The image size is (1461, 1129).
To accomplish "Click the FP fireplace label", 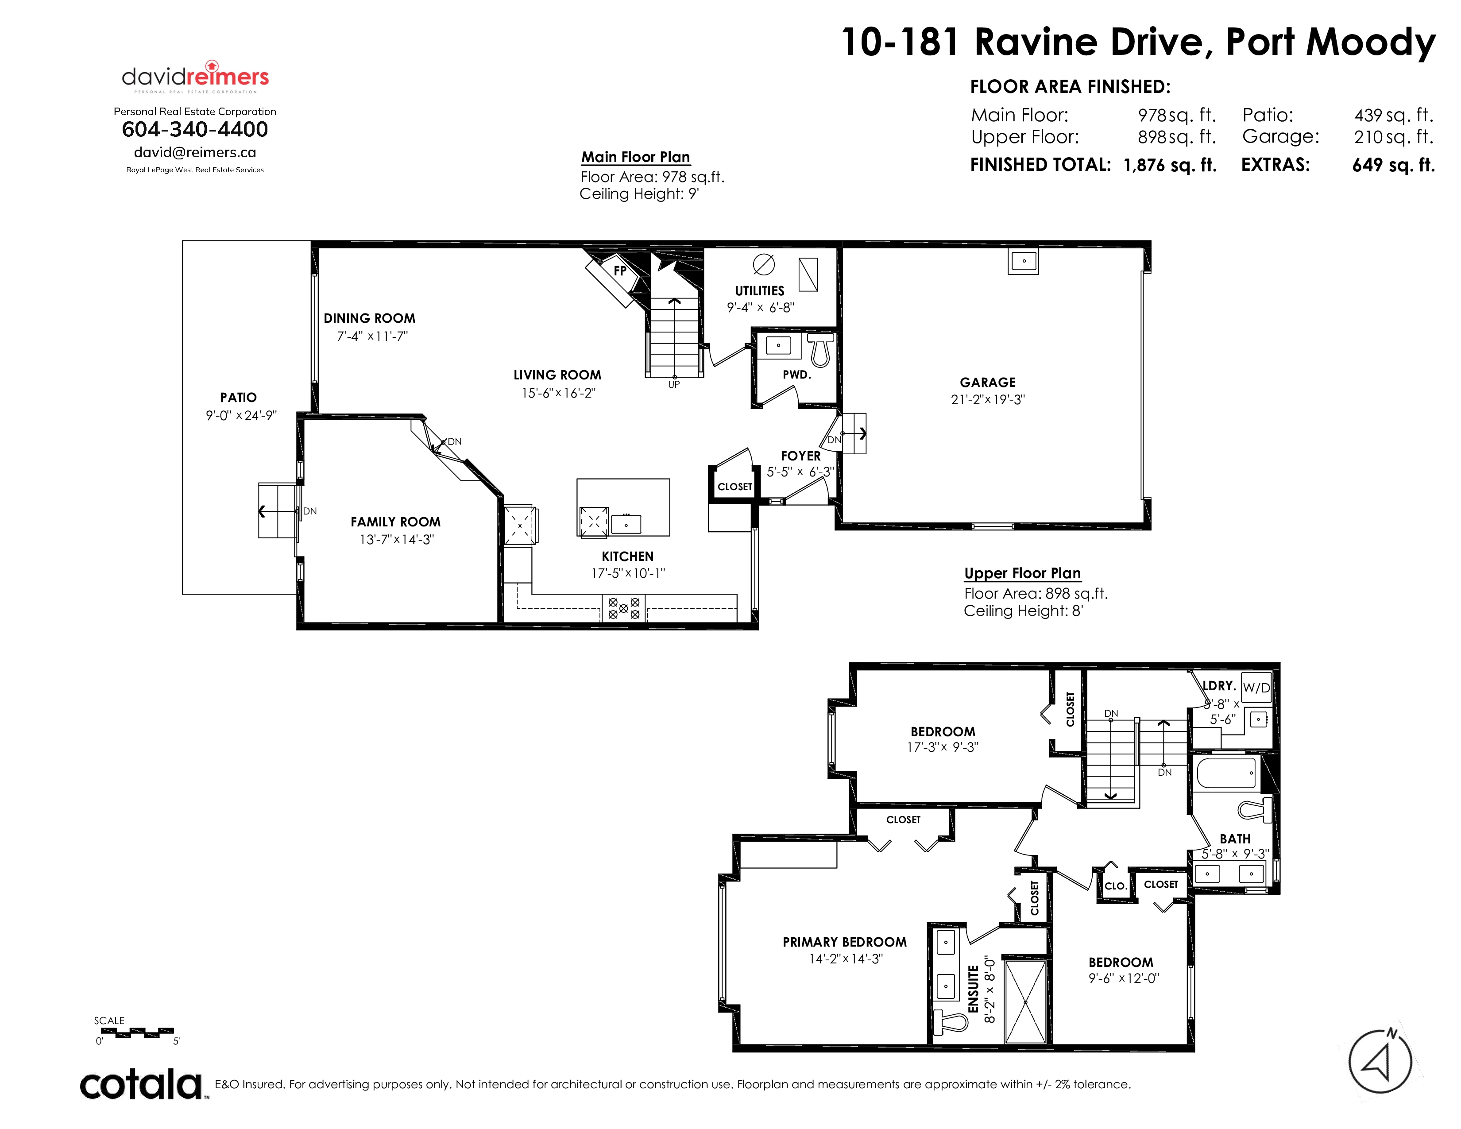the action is [620, 271].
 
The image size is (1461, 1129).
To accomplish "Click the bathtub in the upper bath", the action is [1226, 773].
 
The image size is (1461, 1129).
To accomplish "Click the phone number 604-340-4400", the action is [195, 129].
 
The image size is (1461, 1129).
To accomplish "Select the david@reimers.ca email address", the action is [195, 152].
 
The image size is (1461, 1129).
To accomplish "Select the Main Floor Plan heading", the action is [635, 157].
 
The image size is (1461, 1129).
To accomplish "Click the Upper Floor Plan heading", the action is [1022, 573].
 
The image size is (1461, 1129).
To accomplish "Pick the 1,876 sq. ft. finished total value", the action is [1170, 165].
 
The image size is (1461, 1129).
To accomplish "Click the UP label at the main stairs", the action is [674, 385].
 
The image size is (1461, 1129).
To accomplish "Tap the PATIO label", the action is [238, 397].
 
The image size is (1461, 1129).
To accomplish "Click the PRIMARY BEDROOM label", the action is [845, 942].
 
